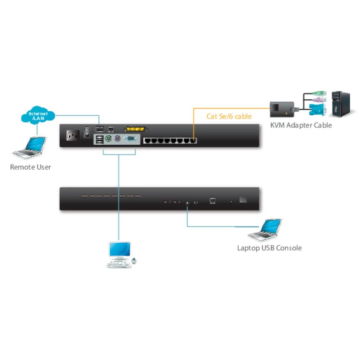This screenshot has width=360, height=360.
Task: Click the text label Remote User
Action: [30, 167]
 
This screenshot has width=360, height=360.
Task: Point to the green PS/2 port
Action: [107, 139]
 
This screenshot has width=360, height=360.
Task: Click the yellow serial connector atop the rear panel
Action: [136, 129]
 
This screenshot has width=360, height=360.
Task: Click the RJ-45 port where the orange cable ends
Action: [194, 140]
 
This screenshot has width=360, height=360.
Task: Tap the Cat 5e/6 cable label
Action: [229, 116]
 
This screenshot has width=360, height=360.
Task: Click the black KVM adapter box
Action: [283, 109]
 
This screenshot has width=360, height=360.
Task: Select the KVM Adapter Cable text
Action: [301, 125]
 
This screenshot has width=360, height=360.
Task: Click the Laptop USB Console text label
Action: [269, 248]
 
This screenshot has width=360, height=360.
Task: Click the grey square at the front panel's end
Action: [243, 199]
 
